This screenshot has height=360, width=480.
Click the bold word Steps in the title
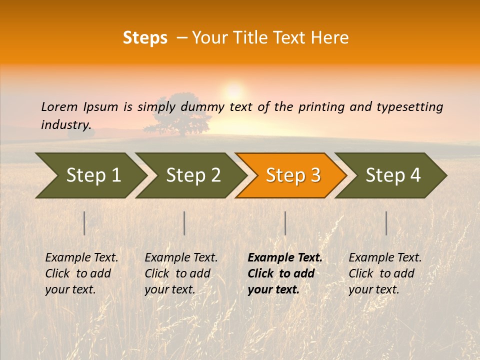pyautogui.click(x=145, y=37)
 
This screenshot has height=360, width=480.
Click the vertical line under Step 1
pyautogui.click(x=84, y=223)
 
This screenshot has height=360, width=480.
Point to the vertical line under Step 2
pyautogui.click(x=184, y=223)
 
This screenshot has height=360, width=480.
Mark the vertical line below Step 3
pyautogui.click(x=285, y=223)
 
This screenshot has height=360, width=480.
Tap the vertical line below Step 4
pyautogui.click(x=386, y=223)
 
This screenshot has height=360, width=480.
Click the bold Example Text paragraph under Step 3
pyautogui.click(x=285, y=273)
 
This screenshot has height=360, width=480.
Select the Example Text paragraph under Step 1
pyautogui.click(x=81, y=273)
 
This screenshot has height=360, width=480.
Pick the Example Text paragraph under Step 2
pyautogui.click(x=181, y=273)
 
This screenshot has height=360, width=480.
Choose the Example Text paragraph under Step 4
pyautogui.click(x=385, y=273)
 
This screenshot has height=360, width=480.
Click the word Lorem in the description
pyautogui.click(x=59, y=106)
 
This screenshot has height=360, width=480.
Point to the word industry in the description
pyautogui.click(x=66, y=124)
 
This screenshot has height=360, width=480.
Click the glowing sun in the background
pyautogui.click(x=233, y=91)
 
